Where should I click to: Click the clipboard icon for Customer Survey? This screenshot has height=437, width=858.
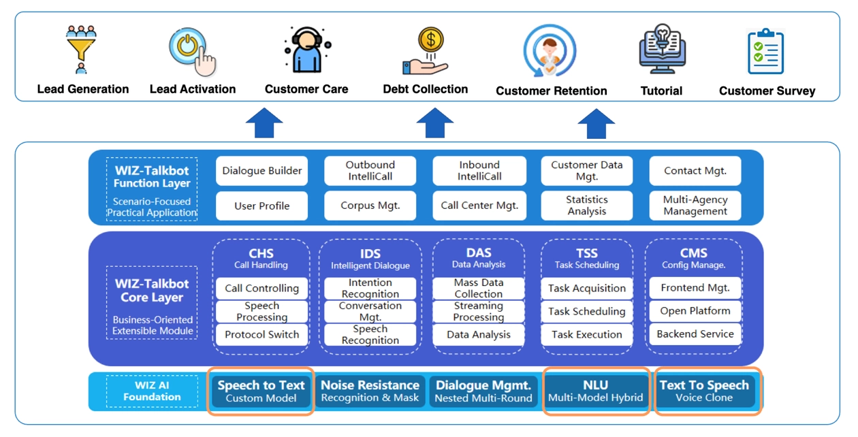click(766, 52)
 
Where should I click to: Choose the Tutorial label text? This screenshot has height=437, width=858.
click(661, 90)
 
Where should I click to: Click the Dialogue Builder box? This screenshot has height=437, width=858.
click(262, 171)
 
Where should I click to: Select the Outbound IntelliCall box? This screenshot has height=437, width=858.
click(370, 171)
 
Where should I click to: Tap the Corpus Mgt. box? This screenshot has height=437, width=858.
click(370, 206)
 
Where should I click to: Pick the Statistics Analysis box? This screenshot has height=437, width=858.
click(587, 206)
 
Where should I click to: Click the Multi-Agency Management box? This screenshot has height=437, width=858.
click(695, 206)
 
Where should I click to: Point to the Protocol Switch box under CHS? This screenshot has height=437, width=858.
click(262, 335)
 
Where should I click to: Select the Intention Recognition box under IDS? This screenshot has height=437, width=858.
click(370, 288)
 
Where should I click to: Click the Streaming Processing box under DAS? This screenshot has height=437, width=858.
click(479, 312)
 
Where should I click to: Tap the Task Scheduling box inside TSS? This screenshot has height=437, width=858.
click(587, 312)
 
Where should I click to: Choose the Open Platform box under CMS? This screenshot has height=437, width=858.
click(695, 311)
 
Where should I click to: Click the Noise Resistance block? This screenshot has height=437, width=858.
click(370, 391)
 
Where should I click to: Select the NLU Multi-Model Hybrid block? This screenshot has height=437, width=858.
click(596, 391)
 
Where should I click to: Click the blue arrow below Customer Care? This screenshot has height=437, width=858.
click(264, 124)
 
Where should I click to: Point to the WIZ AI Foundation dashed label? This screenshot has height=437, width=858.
click(153, 391)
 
